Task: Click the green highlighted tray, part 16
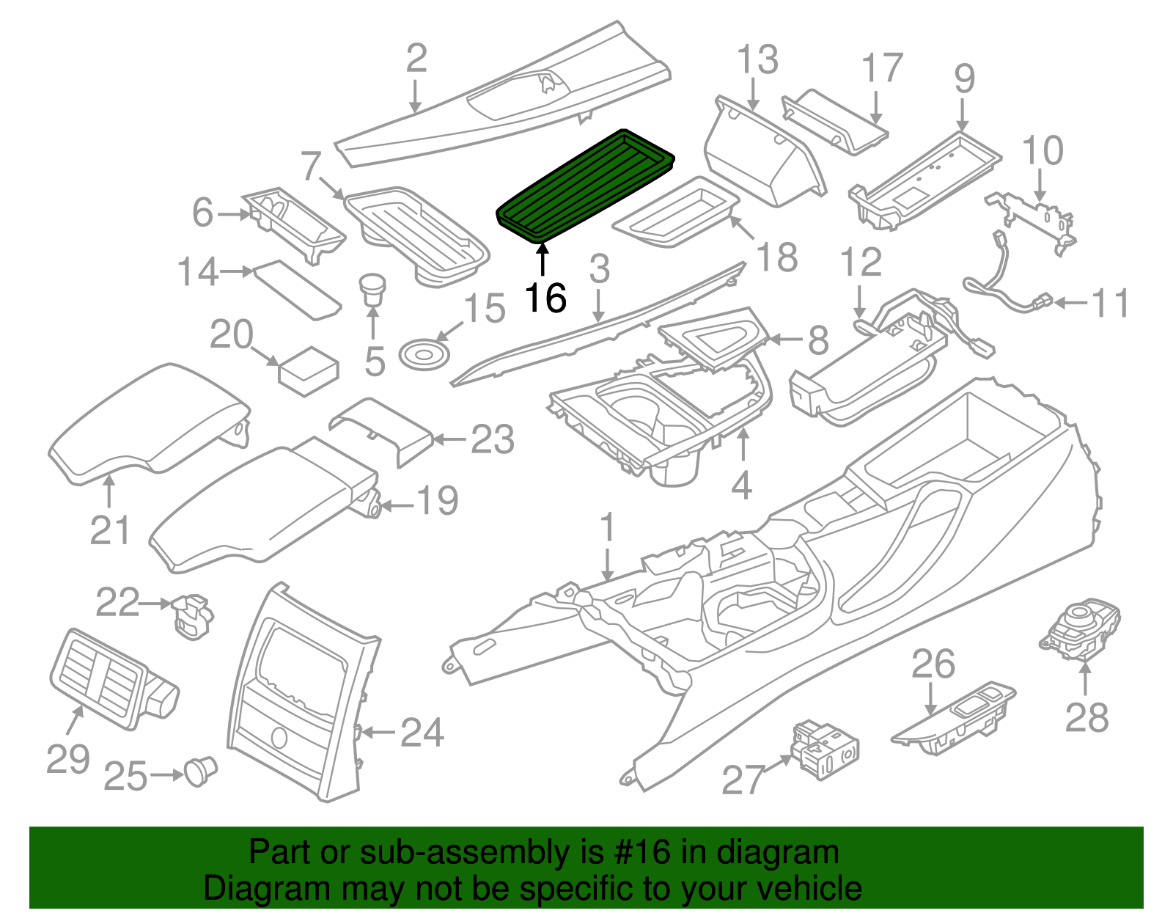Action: pyautogui.click(x=585, y=186)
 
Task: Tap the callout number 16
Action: pyautogui.click(x=545, y=298)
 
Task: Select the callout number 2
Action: pyautogui.click(x=416, y=59)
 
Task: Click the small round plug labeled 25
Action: pyautogui.click(x=199, y=772)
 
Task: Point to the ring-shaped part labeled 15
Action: pyautogui.click(x=424, y=353)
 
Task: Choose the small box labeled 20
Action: pyautogui.click(x=308, y=371)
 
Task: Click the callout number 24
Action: pyautogui.click(x=422, y=733)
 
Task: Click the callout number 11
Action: pyautogui.click(x=1110, y=303)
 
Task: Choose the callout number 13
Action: pyautogui.click(x=757, y=60)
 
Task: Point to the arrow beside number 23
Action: pyautogui.click(x=449, y=439)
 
